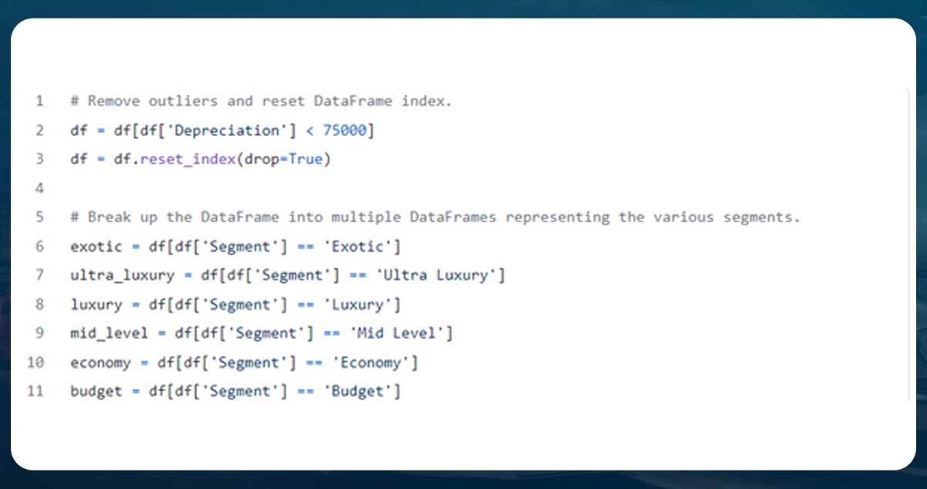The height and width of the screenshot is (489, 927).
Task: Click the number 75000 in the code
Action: click(x=345, y=130)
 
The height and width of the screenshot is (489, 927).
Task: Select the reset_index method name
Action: click(x=187, y=160)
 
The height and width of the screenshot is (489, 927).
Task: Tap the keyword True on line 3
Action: click(x=306, y=160)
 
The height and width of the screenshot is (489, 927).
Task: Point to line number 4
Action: click(x=39, y=188)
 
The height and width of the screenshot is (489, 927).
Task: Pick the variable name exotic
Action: click(x=96, y=247)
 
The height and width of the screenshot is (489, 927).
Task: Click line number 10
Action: click(x=35, y=363)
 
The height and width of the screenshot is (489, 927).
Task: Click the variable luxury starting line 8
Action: click(x=96, y=305)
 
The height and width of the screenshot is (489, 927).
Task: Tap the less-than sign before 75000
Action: click(x=309, y=130)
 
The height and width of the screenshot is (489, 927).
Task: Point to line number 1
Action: click(x=39, y=101)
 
